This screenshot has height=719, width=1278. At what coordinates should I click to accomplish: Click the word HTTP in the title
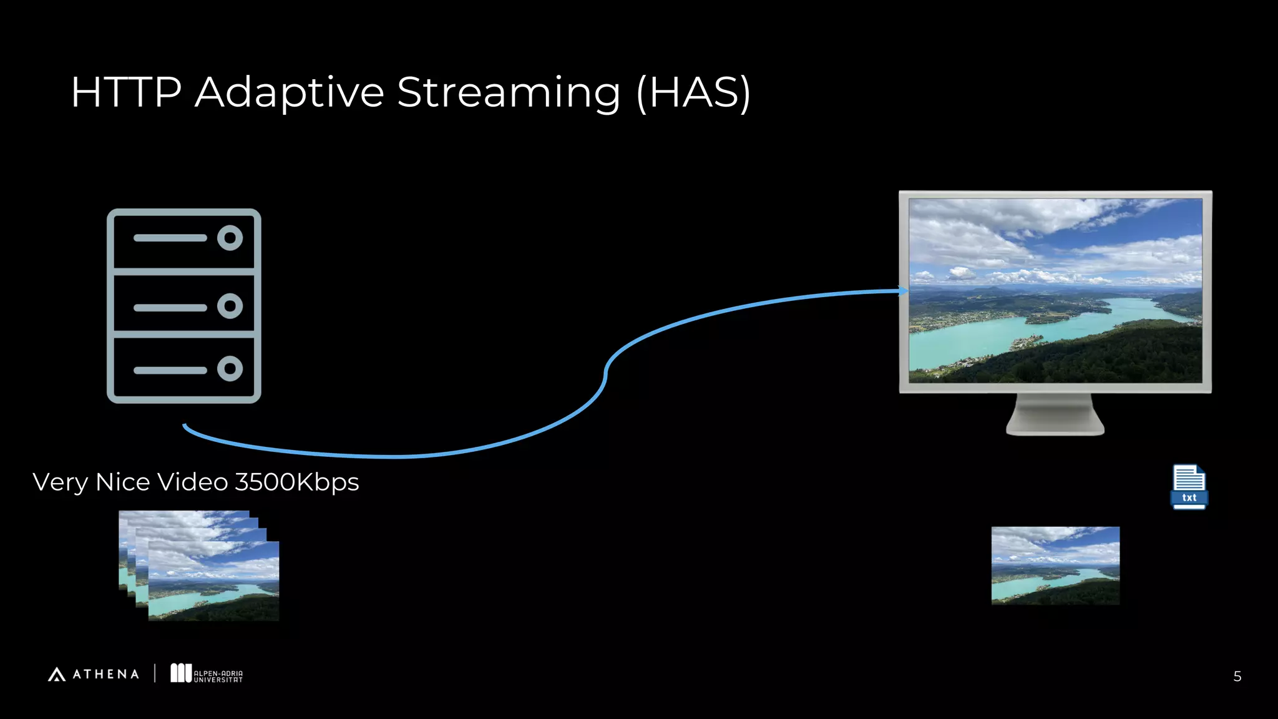[126, 92]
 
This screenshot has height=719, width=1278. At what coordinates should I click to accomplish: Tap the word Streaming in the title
[509, 92]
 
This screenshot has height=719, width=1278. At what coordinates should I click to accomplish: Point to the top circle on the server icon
[230, 238]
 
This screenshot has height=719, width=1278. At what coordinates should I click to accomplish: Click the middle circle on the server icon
[230, 306]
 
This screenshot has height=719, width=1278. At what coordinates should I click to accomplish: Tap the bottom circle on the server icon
[230, 369]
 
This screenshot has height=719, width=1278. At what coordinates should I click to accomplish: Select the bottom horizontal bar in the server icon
[170, 370]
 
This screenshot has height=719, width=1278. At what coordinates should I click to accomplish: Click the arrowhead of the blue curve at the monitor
[903, 291]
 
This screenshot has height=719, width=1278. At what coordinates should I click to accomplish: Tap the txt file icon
[1189, 487]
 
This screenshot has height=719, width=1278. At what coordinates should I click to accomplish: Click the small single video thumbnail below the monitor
[1055, 565]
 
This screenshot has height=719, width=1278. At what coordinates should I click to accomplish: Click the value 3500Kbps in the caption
[296, 482]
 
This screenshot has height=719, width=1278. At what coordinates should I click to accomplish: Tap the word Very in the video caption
[60, 482]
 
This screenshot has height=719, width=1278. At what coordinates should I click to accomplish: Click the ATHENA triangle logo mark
[57, 674]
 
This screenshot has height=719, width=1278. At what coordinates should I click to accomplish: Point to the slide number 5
[1237, 677]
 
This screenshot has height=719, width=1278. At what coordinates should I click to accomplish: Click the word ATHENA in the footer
[106, 674]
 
